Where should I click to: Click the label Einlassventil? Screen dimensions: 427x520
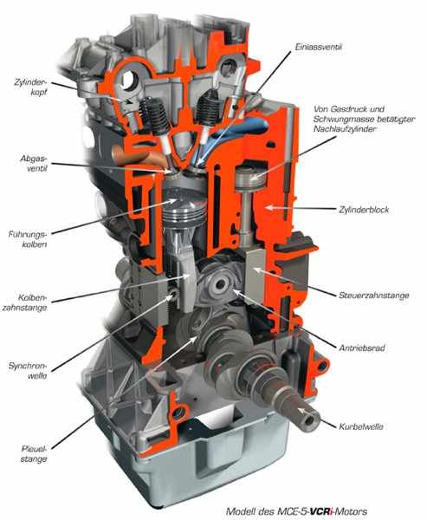(318, 47)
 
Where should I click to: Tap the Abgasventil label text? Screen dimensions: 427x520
(34, 163)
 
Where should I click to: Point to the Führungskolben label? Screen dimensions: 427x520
(28, 239)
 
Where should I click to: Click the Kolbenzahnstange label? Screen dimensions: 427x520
(25, 302)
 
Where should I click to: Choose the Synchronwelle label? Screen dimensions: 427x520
(28, 371)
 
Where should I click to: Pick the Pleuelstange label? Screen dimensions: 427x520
(34, 454)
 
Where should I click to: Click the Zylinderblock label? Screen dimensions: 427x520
(364, 210)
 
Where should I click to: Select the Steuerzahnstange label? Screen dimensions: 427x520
(373, 296)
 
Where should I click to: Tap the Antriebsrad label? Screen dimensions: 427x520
(362, 348)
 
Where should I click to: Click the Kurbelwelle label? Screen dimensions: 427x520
(361, 426)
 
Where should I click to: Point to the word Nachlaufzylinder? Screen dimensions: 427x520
(345, 128)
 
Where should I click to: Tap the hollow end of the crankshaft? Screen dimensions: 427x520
(308, 419)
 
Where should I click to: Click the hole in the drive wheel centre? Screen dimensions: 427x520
(221, 285)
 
